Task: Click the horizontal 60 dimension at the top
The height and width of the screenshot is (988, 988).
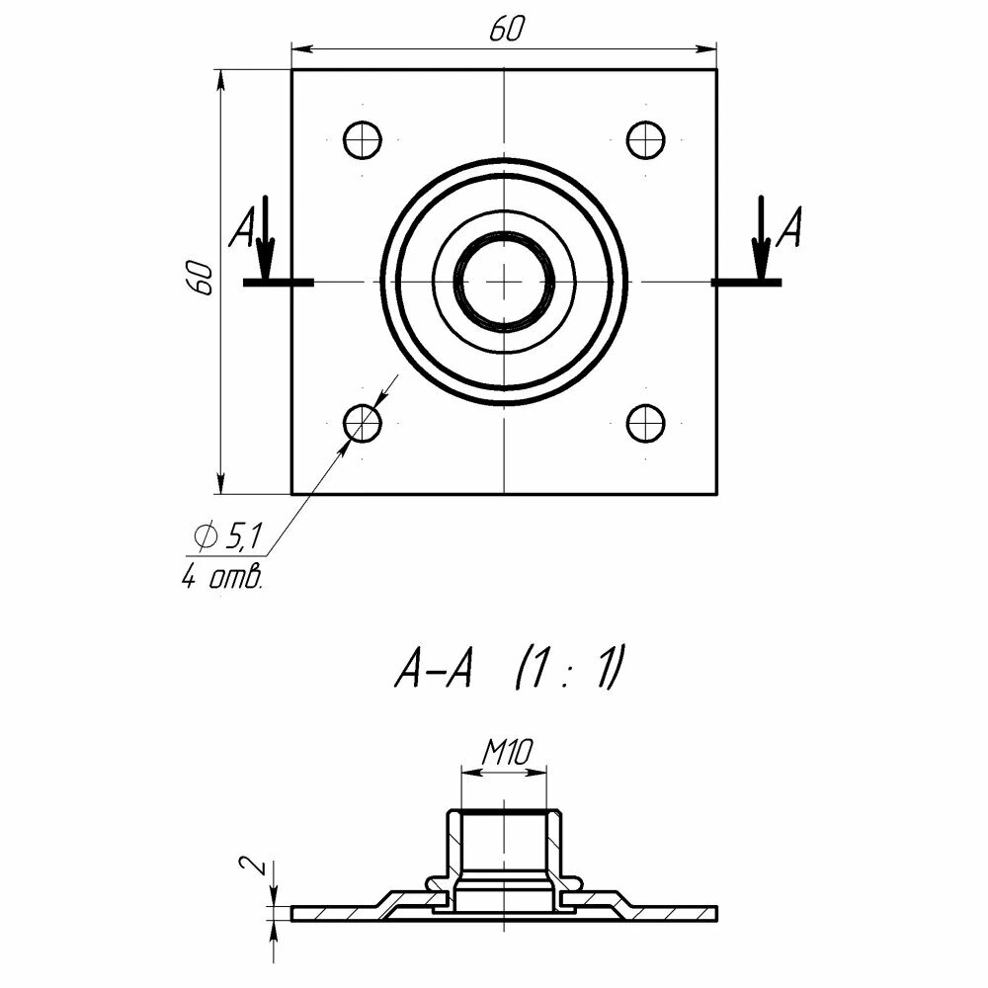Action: (x=505, y=31)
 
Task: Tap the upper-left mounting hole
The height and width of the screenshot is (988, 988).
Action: (x=363, y=140)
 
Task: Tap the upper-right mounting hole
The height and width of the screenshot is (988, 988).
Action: (x=645, y=140)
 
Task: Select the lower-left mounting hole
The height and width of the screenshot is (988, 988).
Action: (x=363, y=423)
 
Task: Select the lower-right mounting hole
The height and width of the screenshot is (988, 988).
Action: (x=645, y=423)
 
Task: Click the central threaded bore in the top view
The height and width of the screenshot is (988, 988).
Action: (x=505, y=282)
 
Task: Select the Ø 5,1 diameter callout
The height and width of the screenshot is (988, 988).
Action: (x=228, y=537)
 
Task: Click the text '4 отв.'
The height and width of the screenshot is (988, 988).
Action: (x=222, y=578)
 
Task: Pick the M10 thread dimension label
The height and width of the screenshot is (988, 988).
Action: (x=507, y=754)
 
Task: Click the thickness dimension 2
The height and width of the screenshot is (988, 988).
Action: (x=254, y=866)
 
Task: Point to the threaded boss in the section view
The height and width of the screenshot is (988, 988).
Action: (x=505, y=850)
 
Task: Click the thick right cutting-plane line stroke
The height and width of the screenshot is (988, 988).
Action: (x=747, y=283)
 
